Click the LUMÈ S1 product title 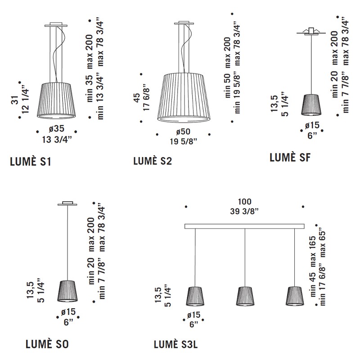31,162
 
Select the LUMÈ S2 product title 153,161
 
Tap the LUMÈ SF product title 290,157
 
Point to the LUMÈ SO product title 47,344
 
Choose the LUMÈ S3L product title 175,344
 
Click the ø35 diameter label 57,129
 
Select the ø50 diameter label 183,131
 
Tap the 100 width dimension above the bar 244,202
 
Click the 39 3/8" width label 244,211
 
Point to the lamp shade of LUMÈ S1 56,100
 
